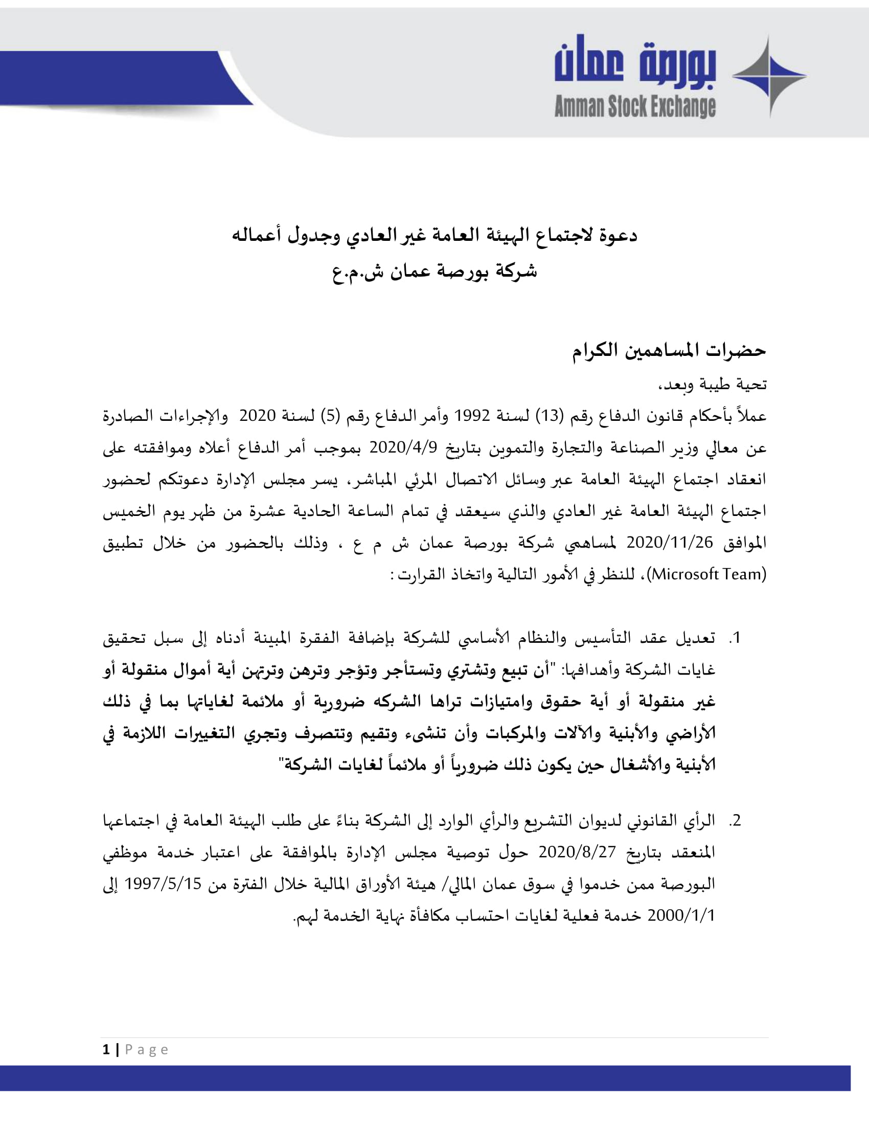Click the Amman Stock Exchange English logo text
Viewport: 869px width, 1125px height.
coord(634,106)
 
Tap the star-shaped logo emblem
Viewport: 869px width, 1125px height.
coord(769,76)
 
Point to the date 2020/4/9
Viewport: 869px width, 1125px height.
coord(403,447)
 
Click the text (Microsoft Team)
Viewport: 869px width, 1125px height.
coord(708,574)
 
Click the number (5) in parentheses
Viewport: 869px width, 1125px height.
coord(330,416)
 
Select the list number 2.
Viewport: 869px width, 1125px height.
coord(735,821)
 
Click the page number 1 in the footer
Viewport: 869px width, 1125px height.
coord(106,1050)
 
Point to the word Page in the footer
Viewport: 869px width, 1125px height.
coord(147,1050)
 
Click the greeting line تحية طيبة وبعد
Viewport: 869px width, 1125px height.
coord(713,384)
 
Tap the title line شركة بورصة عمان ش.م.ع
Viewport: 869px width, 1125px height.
coord(434,272)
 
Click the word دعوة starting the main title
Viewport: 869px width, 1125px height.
coord(619,236)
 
